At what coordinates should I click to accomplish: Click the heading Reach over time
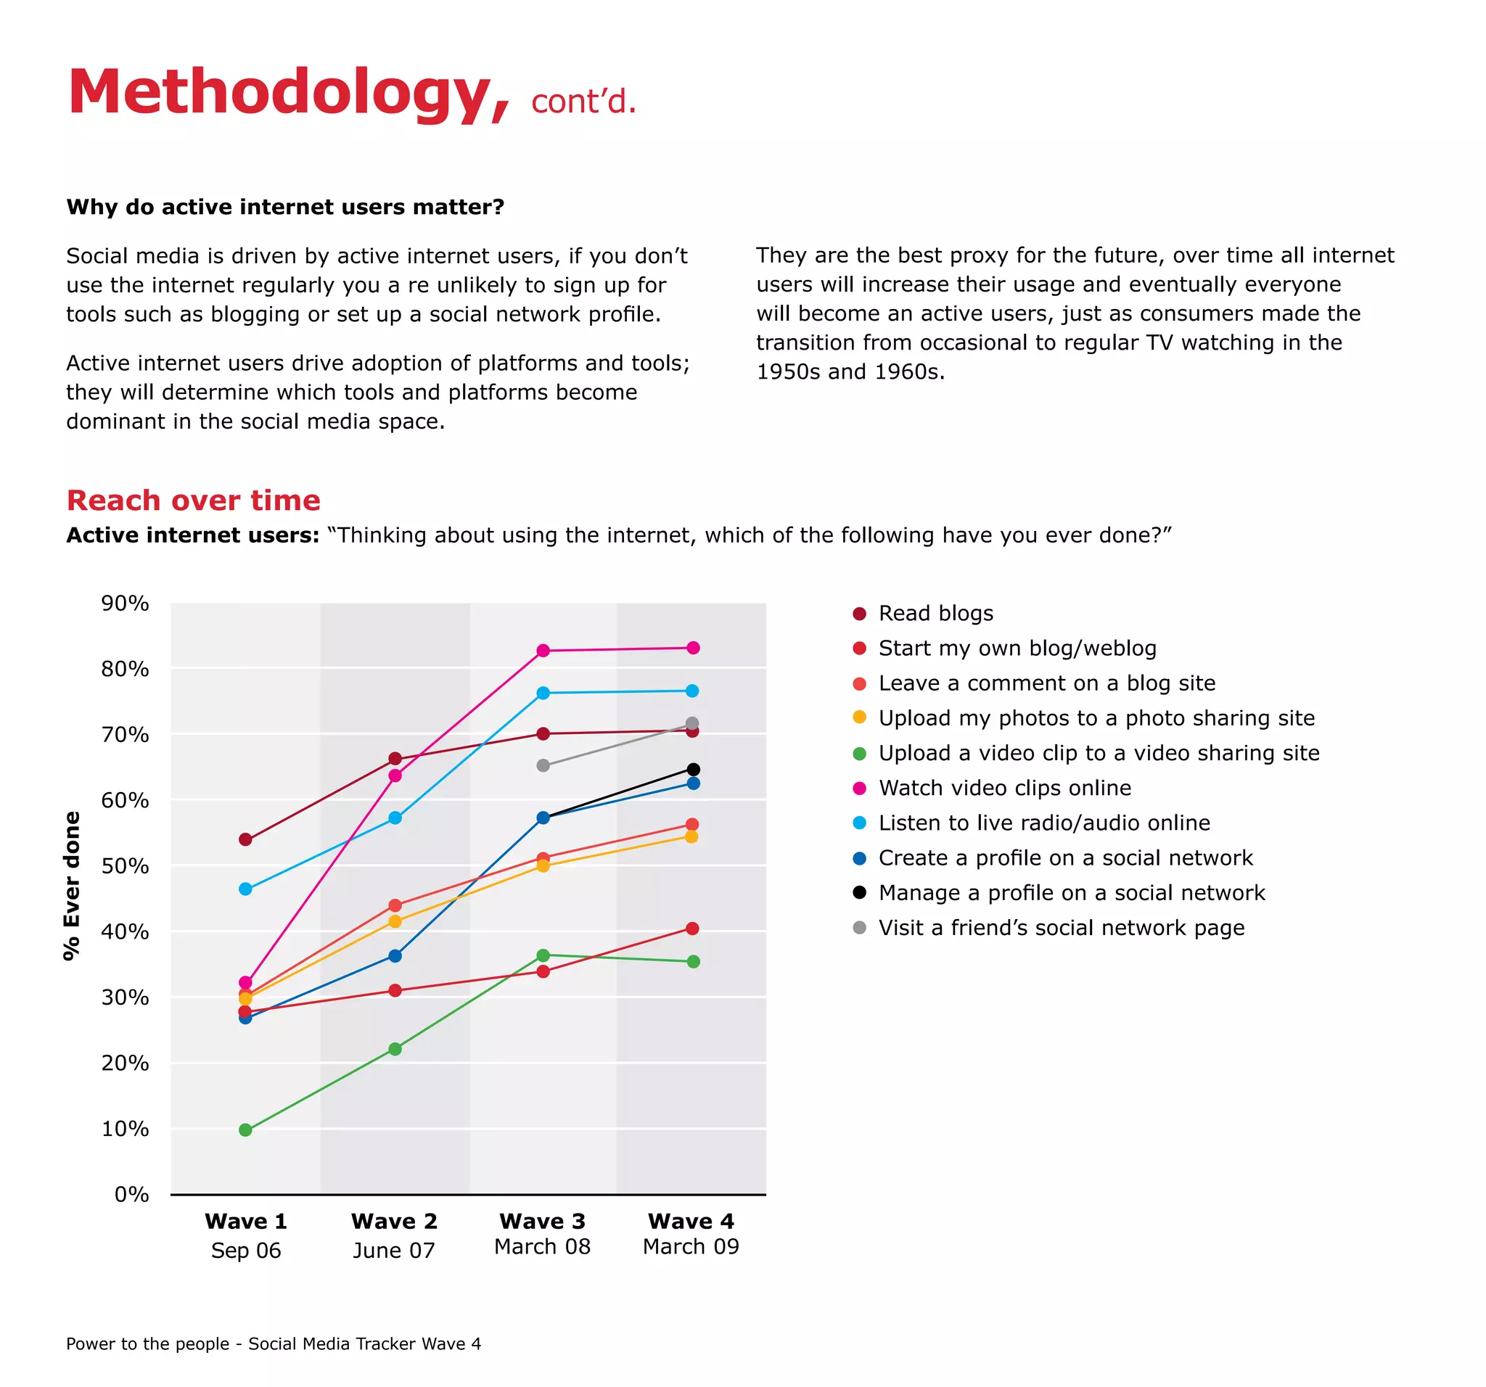pyautogui.click(x=193, y=500)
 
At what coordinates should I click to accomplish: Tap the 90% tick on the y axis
pyautogui.click(x=125, y=603)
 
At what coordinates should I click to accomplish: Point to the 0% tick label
pyautogui.click(x=131, y=1193)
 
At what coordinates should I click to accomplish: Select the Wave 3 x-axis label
pyautogui.click(x=542, y=1221)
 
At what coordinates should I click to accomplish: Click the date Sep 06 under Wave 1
pyautogui.click(x=245, y=1250)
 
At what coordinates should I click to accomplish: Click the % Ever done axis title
pyautogui.click(x=72, y=886)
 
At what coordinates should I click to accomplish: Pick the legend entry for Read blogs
pyautogui.click(x=935, y=614)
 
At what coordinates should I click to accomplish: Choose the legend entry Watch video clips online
pyautogui.click(x=1004, y=788)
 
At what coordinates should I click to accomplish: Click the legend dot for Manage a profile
pyautogui.click(x=860, y=892)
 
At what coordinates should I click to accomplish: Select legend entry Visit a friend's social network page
pyautogui.click(x=1061, y=927)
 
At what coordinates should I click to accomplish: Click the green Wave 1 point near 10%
pyautogui.click(x=245, y=1130)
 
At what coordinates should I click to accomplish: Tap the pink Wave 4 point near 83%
pyautogui.click(x=693, y=648)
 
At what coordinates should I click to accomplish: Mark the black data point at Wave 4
pyautogui.click(x=693, y=769)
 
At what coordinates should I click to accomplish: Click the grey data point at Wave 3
pyautogui.click(x=543, y=765)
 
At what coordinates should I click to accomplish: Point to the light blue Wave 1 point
pyautogui.click(x=245, y=889)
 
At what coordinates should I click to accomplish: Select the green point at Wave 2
pyautogui.click(x=395, y=1049)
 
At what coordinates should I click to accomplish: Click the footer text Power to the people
pyautogui.click(x=147, y=1343)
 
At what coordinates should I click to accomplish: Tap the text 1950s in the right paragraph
pyautogui.click(x=789, y=371)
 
